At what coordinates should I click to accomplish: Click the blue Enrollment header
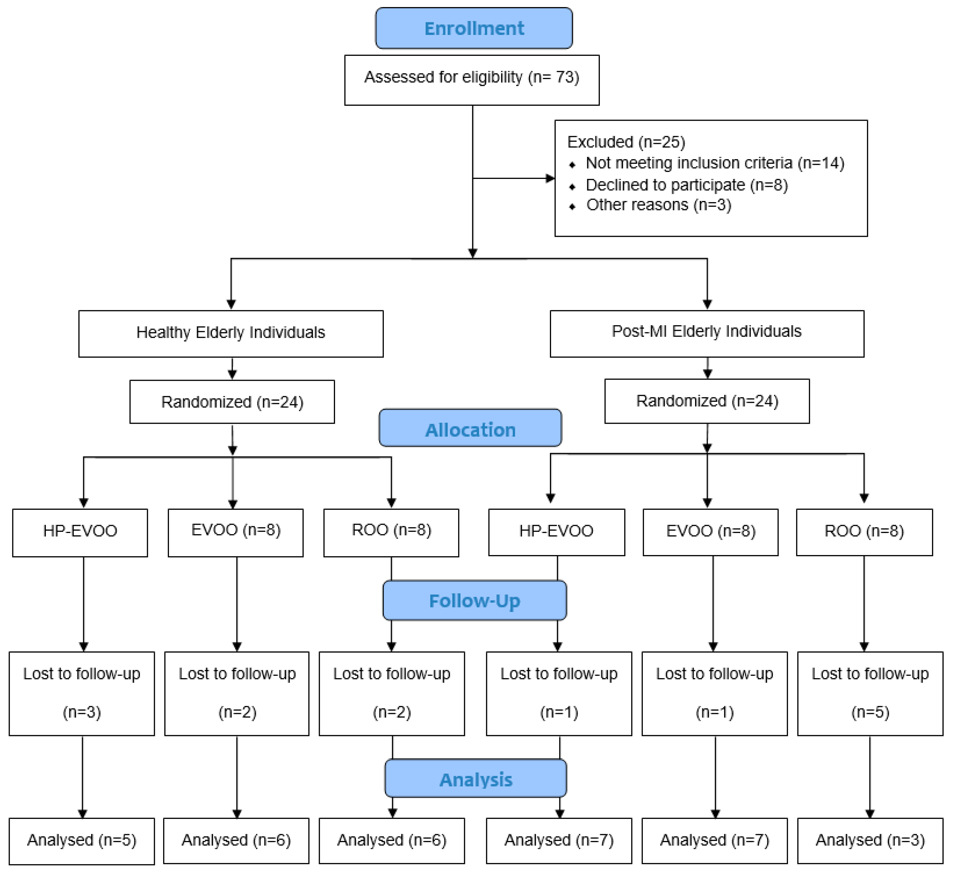click(x=474, y=29)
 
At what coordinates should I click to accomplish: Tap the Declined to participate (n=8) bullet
click(x=686, y=185)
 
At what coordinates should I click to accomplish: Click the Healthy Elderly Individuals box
click(x=231, y=333)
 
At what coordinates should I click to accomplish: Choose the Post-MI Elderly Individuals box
click(x=707, y=333)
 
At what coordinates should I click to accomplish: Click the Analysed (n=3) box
click(x=870, y=840)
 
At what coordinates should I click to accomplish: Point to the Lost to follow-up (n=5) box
click(x=870, y=693)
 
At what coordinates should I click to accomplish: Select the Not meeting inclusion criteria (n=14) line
click(x=714, y=163)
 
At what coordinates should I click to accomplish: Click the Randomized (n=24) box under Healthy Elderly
click(x=232, y=402)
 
